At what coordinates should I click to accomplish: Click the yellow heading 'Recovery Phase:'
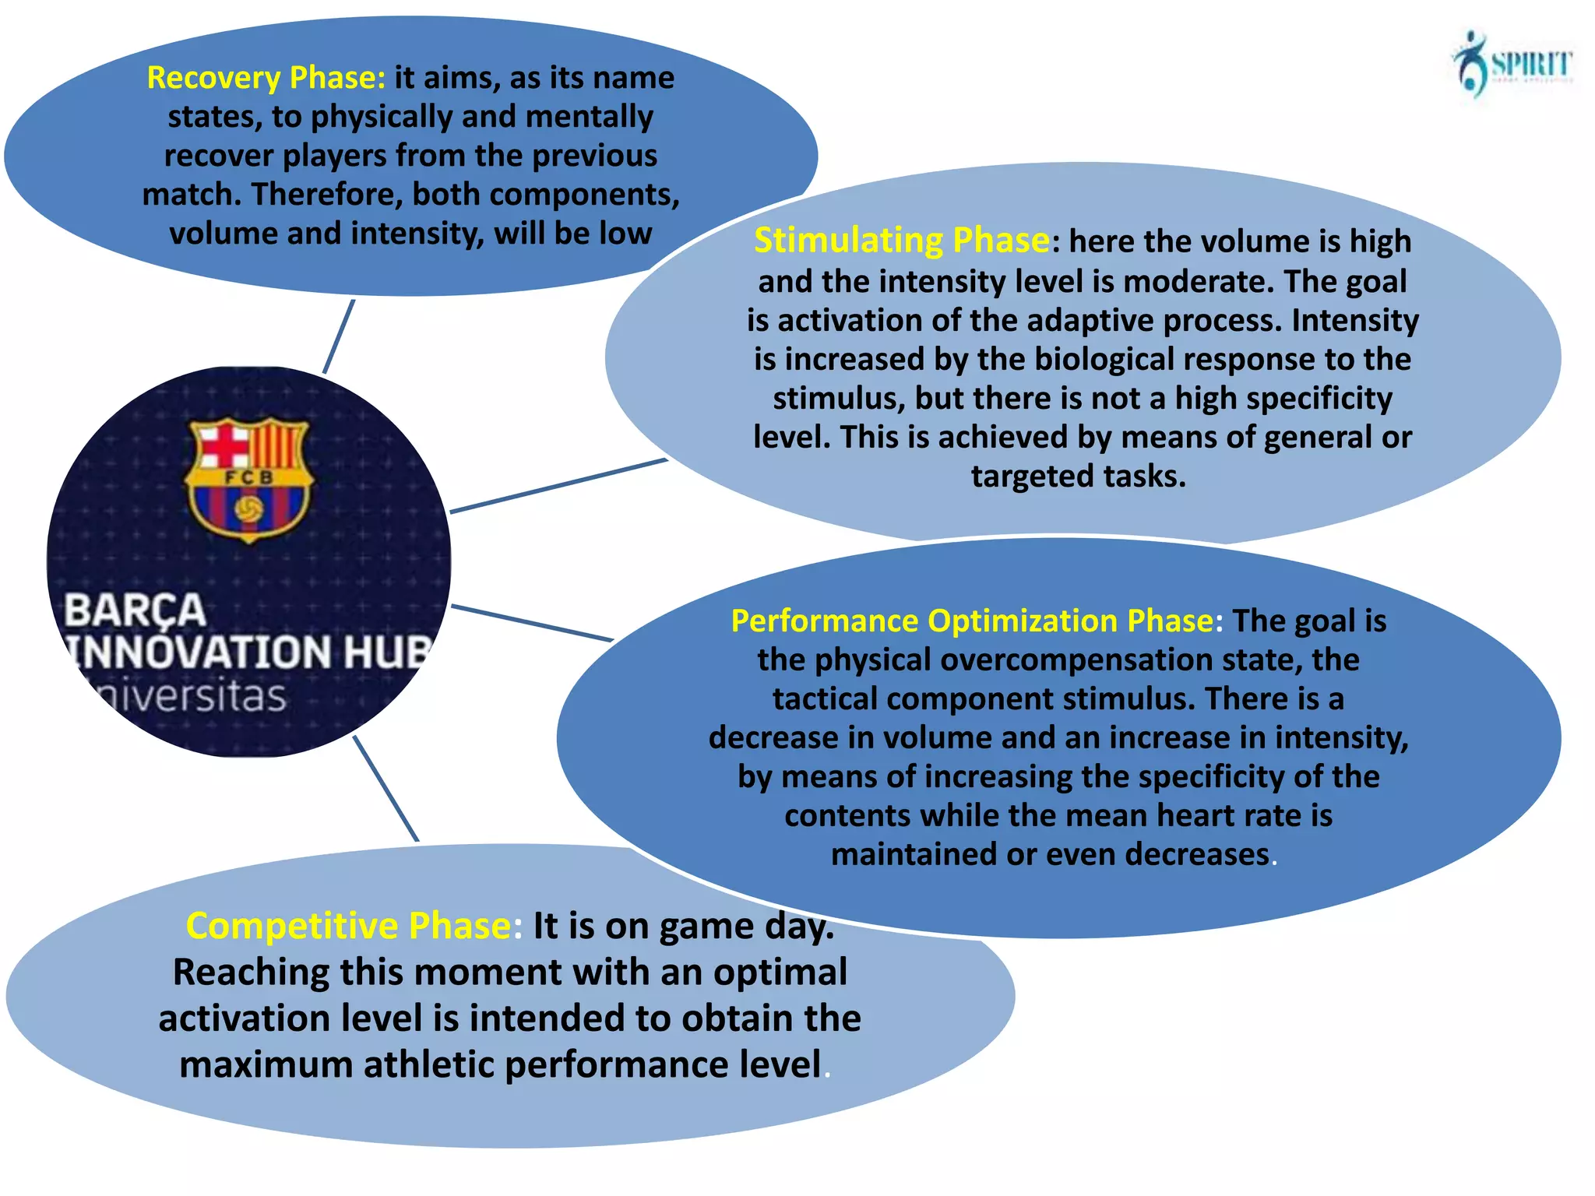coord(266,78)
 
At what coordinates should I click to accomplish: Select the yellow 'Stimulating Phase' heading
coord(901,240)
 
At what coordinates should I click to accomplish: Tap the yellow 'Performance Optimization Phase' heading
coord(972,621)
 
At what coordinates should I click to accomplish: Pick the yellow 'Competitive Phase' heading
coord(348,926)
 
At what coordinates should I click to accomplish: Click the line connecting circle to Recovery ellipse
coord(339,336)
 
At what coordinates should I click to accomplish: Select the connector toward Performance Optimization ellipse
coord(532,623)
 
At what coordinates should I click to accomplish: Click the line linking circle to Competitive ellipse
coord(386,788)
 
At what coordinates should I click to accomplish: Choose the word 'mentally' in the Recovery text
coord(590,117)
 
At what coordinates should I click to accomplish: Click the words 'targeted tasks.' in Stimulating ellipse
coord(1079,476)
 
